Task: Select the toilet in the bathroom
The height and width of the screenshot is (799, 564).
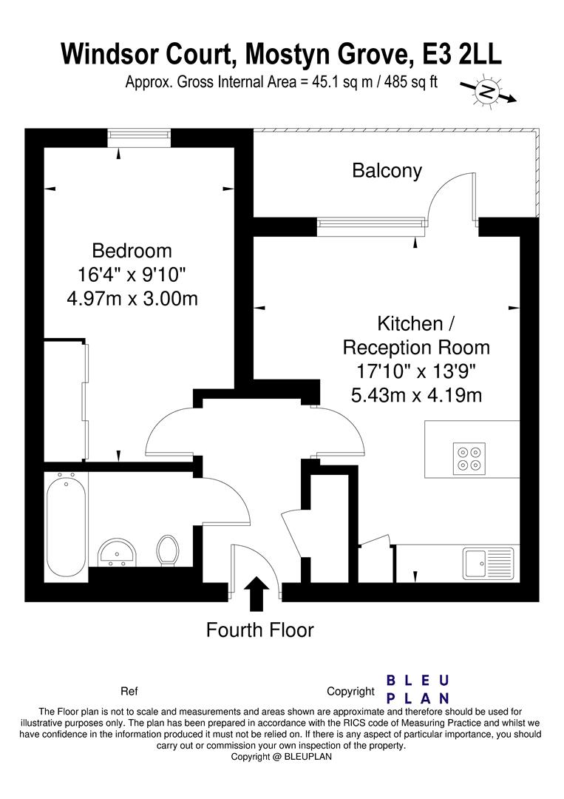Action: click(168, 550)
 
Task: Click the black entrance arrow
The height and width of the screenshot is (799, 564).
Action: click(256, 593)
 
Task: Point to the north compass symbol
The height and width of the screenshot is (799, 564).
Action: click(486, 92)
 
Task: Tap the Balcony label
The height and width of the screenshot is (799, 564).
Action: click(387, 171)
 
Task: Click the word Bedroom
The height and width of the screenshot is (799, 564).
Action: click(132, 250)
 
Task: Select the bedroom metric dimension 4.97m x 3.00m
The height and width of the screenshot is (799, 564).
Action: click(132, 299)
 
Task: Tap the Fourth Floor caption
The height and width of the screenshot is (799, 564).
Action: click(259, 630)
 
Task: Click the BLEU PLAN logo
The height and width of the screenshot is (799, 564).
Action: click(418, 690)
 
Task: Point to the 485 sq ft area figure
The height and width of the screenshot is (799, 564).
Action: click(407, 82)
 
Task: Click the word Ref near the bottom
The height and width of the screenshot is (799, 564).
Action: click(129, 692)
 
